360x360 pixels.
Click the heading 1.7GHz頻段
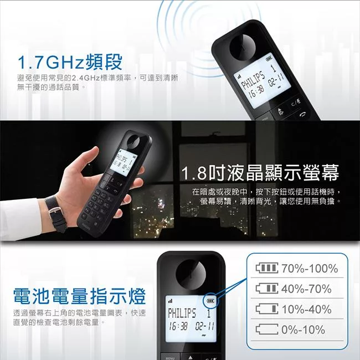pyautogui.click(x=70, y=62)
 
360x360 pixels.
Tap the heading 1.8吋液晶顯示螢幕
pyautogui.click(x=260, y=173)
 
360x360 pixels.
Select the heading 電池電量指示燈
pyautogui.click(x=79, y=296)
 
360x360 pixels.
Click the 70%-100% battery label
pyautogui.click(x=310, y=269)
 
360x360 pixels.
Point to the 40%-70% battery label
pyautogui.click(x=306, y=289)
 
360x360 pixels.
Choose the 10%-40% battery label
pyautogui.click(x=306, y=309)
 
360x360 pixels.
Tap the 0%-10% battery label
pyautogui.click(x=304, y=330)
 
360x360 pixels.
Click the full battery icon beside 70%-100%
pyautogui.click(x=267, y=268)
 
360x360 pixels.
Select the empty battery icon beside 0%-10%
pyautogui.click(x=267, y=330)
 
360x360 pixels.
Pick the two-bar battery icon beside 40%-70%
pyautogui.click(x=267, y=289)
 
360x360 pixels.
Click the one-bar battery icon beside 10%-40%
pyautogui.click(x=267, y=309)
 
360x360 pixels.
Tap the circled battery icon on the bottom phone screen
pyautogui.click(x=210, y=301)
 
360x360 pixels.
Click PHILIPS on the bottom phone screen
pyautogui.click(x=182, y=313)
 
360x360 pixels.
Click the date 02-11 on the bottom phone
pyautogui.click(x=204, y=326)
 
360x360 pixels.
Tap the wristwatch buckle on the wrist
pyautogui.click(x=54, y=212)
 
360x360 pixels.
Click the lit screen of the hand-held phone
pyautogui.click(x=124, y=163)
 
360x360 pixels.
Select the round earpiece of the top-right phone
pyautogui.click(x=243, y=47)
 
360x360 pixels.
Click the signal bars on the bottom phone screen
pyautogui.click(x=170, y=301)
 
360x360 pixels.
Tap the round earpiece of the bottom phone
pyautogui.click(x=191, y=274)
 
